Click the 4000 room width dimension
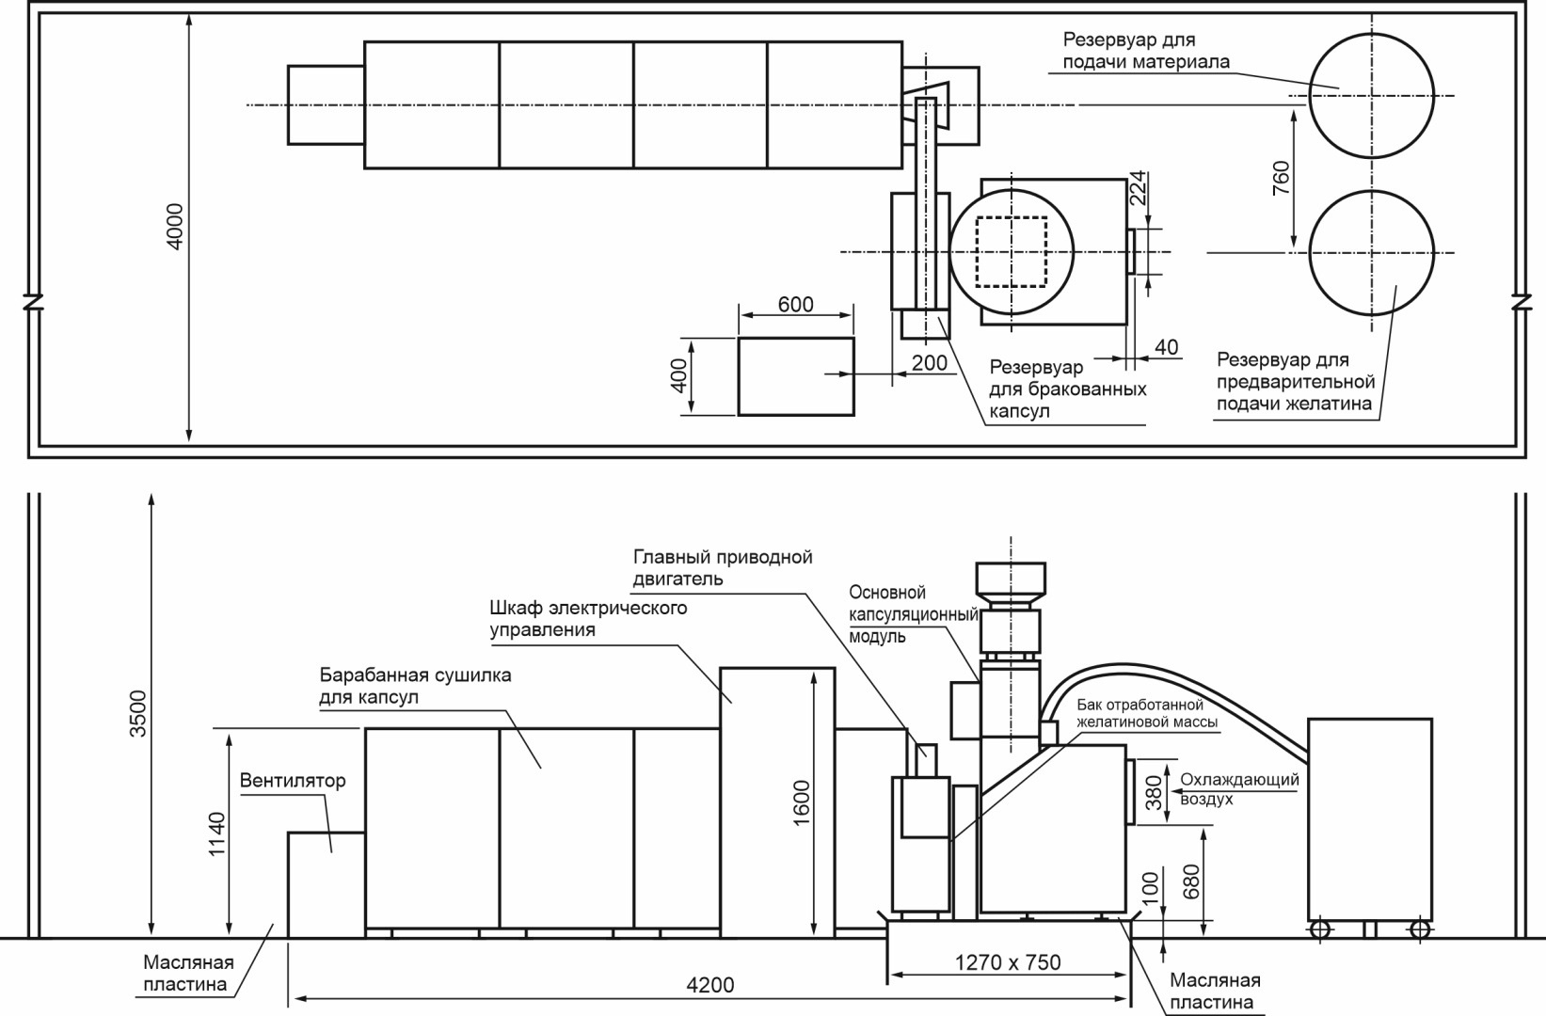coord(175,227)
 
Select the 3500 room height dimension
coord(138,713)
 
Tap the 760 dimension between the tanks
coord(1281,178)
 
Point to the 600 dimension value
coord(795,305)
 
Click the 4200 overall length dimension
coord(710,985)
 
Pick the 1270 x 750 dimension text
coord(1008,962)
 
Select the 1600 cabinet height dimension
coord(802,802)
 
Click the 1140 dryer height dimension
coord(216,834)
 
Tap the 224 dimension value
coord(1138,188)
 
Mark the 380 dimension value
coord(1154,792)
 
